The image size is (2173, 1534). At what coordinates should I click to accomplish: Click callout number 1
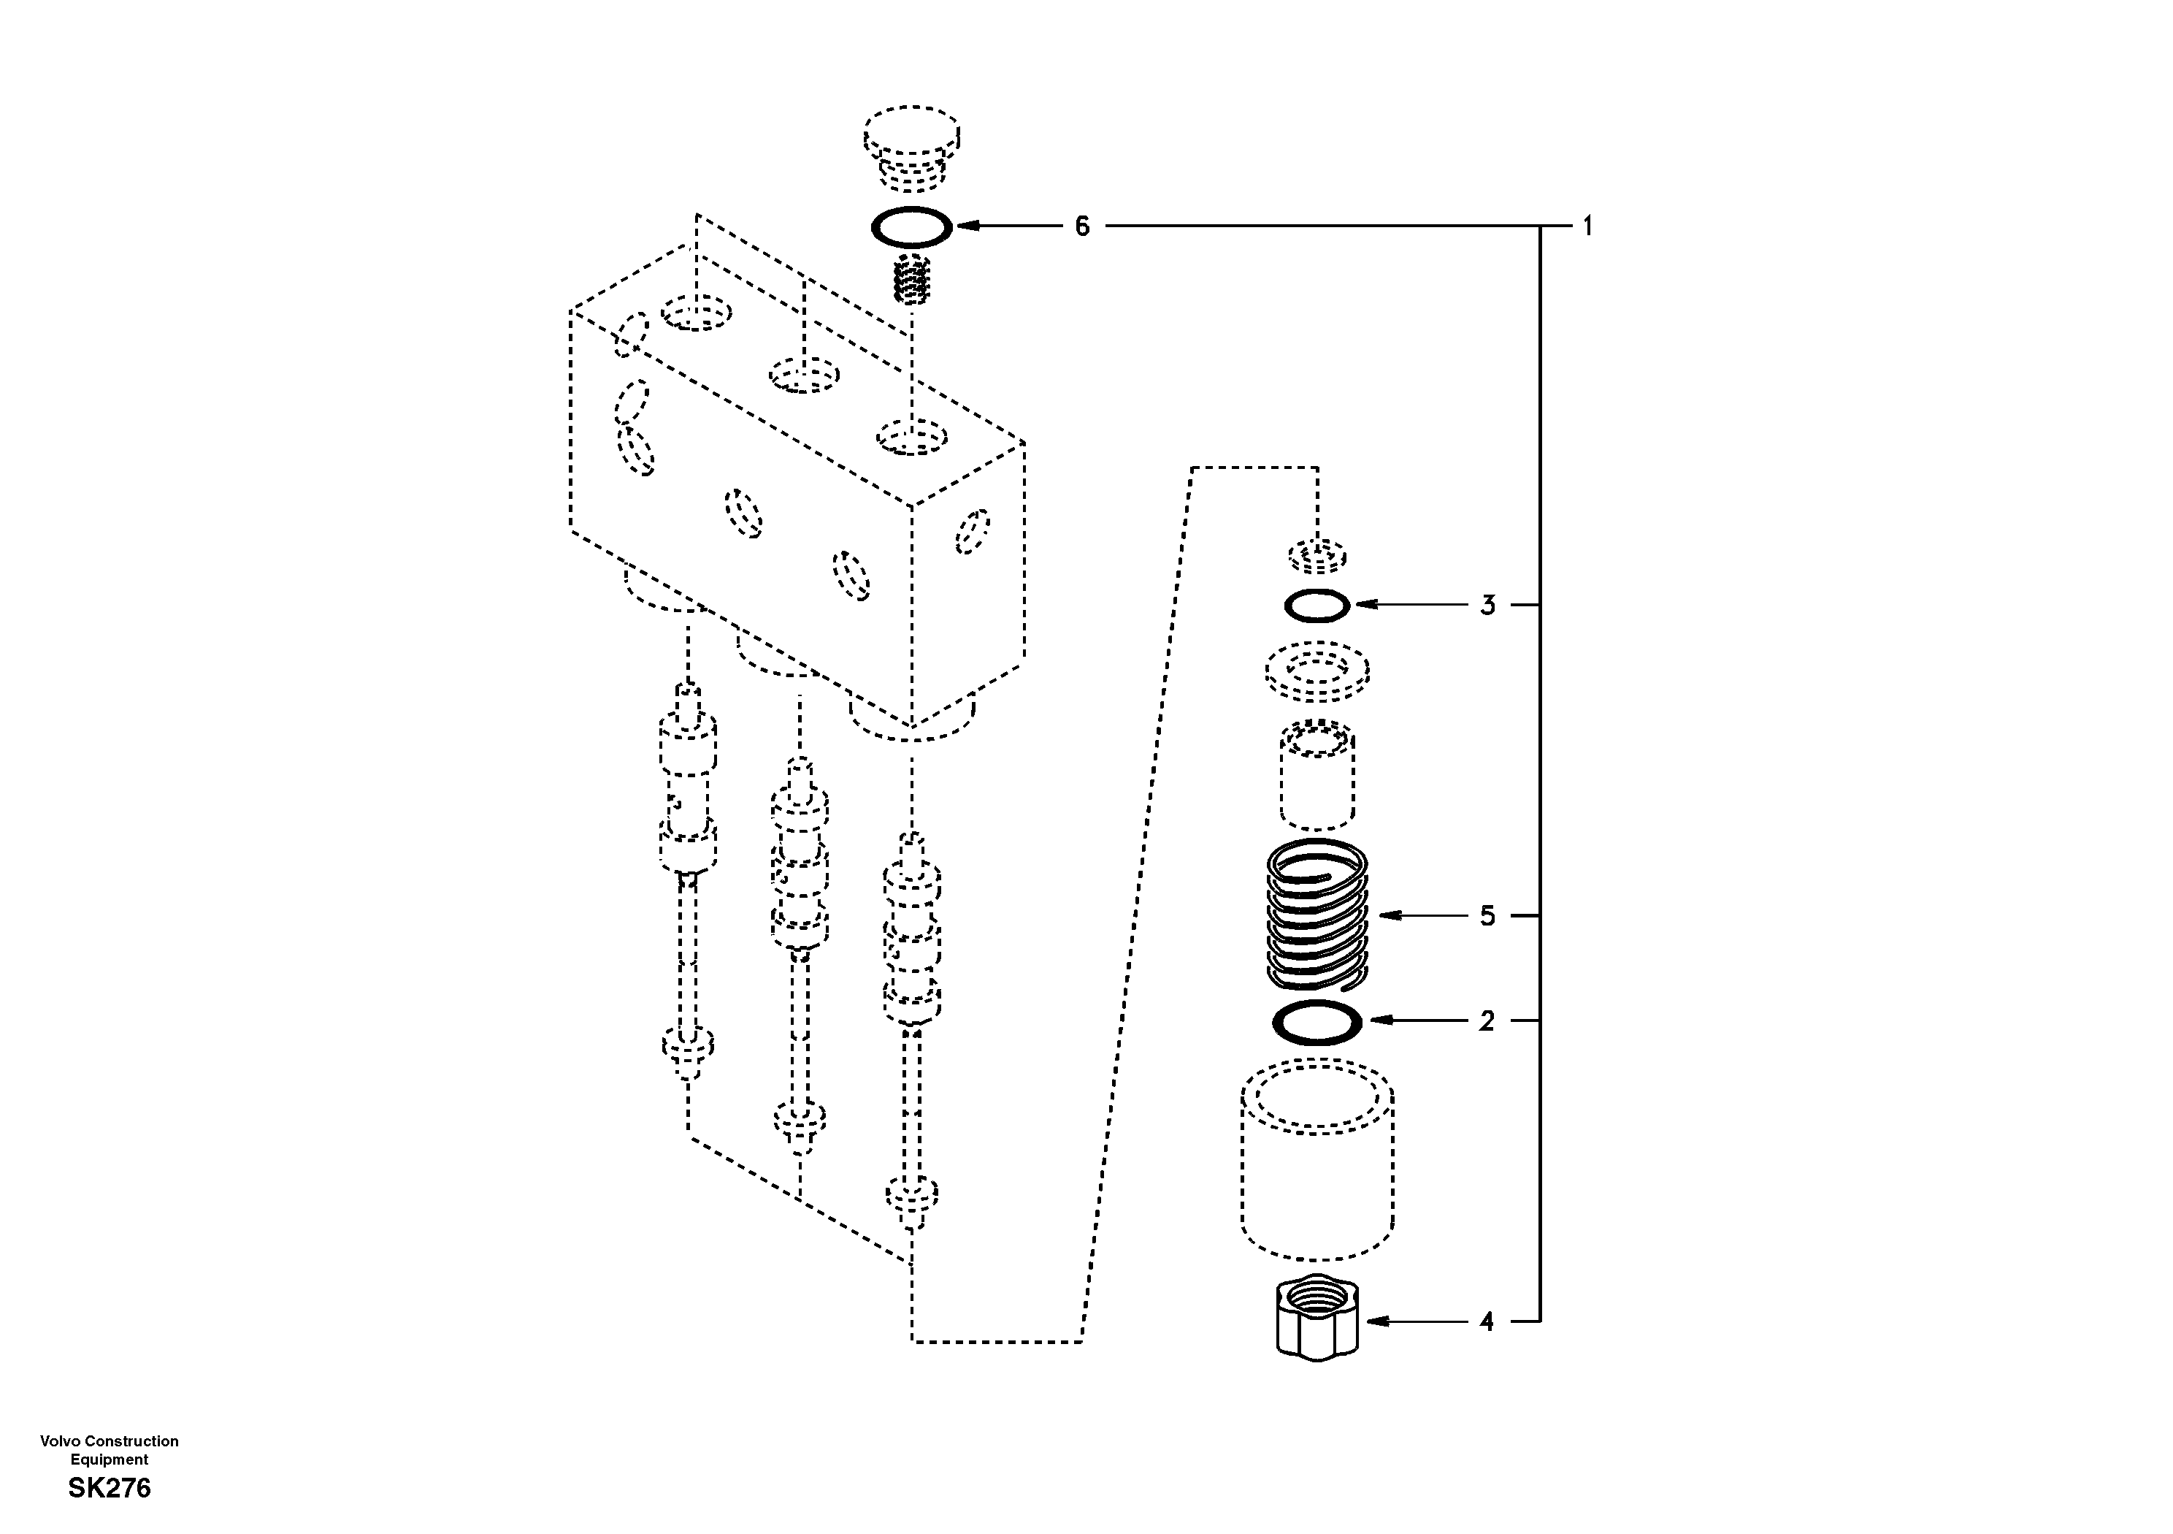pyautogui.click(x=1587, y=226)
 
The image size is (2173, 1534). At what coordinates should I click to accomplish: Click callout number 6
pyautogui.click(x=1082, y=226)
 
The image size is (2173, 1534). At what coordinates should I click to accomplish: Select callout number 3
pyautogui.click(x=1487, y=605)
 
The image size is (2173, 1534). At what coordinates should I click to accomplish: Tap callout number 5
pyautogui.click(x=1487, y=916)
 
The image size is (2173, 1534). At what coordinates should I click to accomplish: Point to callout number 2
pyautogui.click(x=1487, y=1020)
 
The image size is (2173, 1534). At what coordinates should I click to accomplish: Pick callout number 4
pyautogui.click(x=1487, y=1321)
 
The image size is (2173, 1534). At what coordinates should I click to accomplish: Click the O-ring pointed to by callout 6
pyautogui.click(x=911, y=227)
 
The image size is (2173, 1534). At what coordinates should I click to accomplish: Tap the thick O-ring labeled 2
pyautogui.click(x=1317, y=1022)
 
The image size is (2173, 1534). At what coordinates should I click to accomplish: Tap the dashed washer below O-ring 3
pyautogui.click(x=1317, y=671)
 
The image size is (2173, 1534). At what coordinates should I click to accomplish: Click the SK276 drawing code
pyautogui.click(x=109, y=1489)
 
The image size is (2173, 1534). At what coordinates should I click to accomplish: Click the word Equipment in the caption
pyautogui.click(x=109, y=1460)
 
